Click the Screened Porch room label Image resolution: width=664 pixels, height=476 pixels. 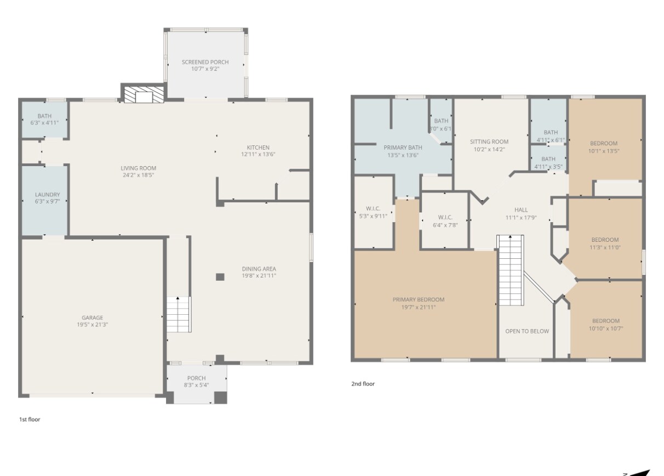coord(205,62)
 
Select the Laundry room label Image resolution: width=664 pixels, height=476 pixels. coord(47,195)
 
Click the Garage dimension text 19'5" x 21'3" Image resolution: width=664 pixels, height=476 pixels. coord(92,325)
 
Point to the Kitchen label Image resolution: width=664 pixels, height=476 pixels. coord(257,147)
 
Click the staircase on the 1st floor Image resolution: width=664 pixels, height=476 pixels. coord(179,314)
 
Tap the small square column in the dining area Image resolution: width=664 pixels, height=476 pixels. coord(220,277)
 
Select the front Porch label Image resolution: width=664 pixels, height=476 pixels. coord(196,378)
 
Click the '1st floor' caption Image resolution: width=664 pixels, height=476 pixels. coord(30,420)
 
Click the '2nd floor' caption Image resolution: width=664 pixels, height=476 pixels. coord(363,384)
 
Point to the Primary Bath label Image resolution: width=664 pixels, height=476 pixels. coord(403,148)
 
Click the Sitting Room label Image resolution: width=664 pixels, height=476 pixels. coord(489,141)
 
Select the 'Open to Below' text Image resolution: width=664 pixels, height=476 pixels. coord(526,331)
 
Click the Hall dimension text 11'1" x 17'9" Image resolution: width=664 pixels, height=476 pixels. coord(521,217)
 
